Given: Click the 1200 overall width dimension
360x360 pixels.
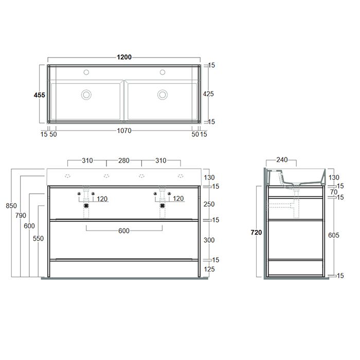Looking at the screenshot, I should (x=124, y=57).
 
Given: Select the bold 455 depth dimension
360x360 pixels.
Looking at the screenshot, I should (x=40, y=95).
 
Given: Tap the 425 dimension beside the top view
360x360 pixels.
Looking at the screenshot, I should (x=209, y=94).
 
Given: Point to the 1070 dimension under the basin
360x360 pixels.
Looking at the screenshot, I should (x=124, y=131).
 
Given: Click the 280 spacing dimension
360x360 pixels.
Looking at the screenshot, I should (x=124, y=161).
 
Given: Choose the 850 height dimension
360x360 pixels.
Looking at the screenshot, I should (x=11, y=206).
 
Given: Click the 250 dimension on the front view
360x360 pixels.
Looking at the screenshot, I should (x=209, y=204).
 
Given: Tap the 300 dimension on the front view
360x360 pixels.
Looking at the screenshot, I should (x=209, y=240).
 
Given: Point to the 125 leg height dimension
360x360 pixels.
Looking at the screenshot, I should (x=209, y=269).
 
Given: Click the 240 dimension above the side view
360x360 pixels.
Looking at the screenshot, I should (x=282, y=160).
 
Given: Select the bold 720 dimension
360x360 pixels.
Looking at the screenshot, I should (x=257, y=232).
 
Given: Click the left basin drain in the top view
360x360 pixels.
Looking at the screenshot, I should (x=86, y=94).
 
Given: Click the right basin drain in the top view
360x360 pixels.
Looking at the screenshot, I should (x=163, y=94).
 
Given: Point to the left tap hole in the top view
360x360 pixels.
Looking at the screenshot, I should (x=86, y=72).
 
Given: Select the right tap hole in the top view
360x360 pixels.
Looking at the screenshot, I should (x=163, y=72).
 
